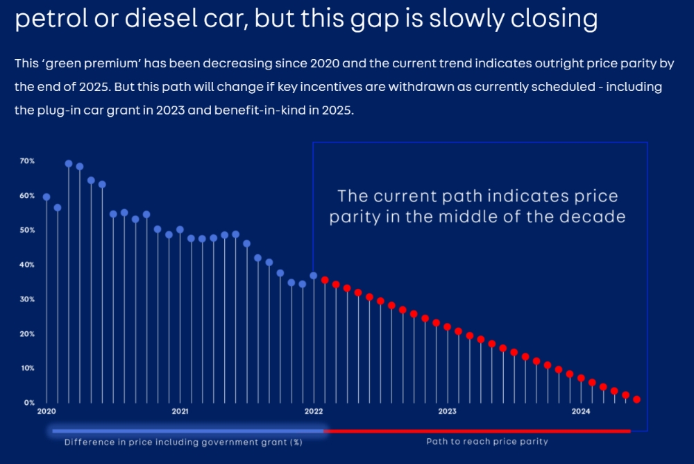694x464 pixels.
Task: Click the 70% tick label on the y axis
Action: click(27, 161)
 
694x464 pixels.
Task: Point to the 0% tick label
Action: click(28, 403)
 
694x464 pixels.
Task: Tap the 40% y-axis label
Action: click(27, 265)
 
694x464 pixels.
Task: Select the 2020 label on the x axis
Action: click(46, 412)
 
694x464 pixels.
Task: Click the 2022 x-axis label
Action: click(314, 412)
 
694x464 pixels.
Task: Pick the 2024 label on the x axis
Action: click(581, 412)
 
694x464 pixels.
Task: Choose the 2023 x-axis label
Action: click(447, 412)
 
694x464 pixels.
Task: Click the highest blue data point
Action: click(69, 164)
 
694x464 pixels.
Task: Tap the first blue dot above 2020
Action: click(46, 197)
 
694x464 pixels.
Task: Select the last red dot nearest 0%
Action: click(636, 399)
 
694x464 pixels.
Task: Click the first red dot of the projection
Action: click(325, 280)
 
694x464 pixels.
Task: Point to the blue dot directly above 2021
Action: click(180, 229)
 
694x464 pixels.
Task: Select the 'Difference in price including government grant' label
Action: click(183, 442)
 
